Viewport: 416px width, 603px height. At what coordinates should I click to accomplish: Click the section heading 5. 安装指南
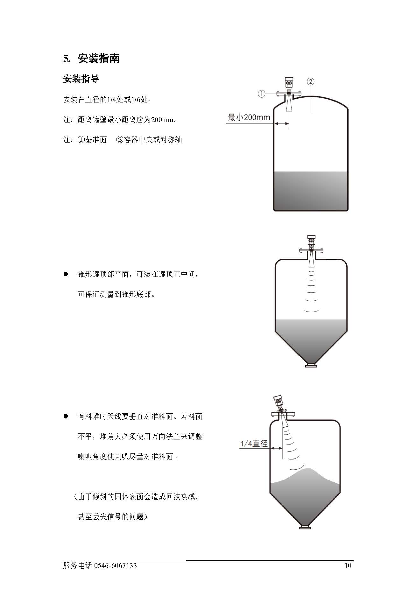[91, 59]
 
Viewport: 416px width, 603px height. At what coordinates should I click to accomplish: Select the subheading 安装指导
[81, 79]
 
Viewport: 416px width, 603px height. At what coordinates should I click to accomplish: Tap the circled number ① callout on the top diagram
[261, 94]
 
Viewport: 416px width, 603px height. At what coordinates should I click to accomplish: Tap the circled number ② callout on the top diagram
[311, 81]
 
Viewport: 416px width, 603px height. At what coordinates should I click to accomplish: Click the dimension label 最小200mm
[249, 117]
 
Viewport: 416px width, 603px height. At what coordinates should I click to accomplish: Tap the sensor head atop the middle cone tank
[311, 242]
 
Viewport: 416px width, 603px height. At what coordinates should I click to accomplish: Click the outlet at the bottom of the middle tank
[311, 365]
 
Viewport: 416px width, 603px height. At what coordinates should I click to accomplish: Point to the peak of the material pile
[306, 469]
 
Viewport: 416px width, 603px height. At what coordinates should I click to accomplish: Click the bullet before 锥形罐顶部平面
[66, 274]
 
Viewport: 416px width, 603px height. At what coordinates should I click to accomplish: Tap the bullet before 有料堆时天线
[66, 416]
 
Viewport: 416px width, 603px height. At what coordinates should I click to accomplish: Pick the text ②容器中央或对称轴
[149, 140]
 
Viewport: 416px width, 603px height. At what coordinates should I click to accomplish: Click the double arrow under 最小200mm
[282, 124]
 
